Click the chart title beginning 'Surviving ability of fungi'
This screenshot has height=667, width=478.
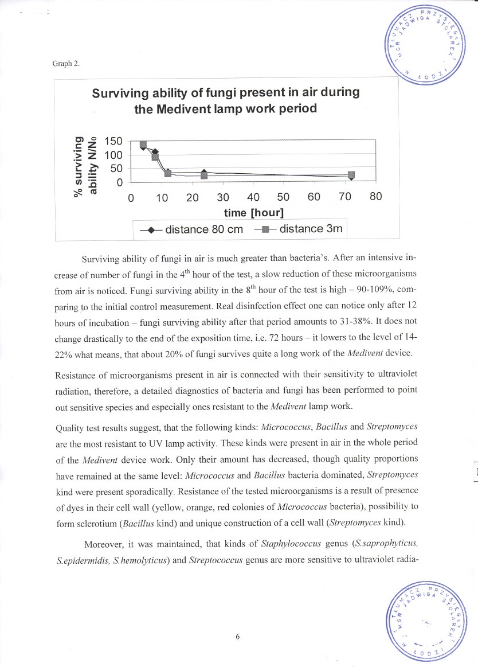click(226, 100)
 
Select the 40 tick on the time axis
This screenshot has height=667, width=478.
click(253, 197)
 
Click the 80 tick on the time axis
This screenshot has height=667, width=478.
click(375, 197)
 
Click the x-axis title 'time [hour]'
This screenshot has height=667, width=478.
click(254, 212)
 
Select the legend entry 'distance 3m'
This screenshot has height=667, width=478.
click(300, 229)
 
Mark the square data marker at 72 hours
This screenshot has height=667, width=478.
click(351, 174)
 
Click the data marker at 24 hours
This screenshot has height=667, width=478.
click(204, 175)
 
